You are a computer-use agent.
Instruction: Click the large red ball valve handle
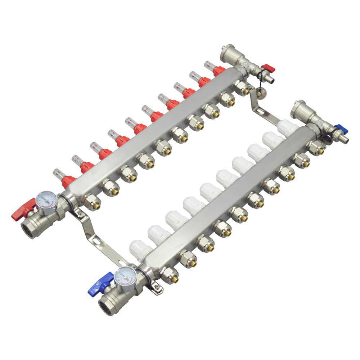click(22, 212)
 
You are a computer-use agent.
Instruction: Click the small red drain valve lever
click(267, 68)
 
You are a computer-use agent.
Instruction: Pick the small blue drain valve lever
click(339, 128)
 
